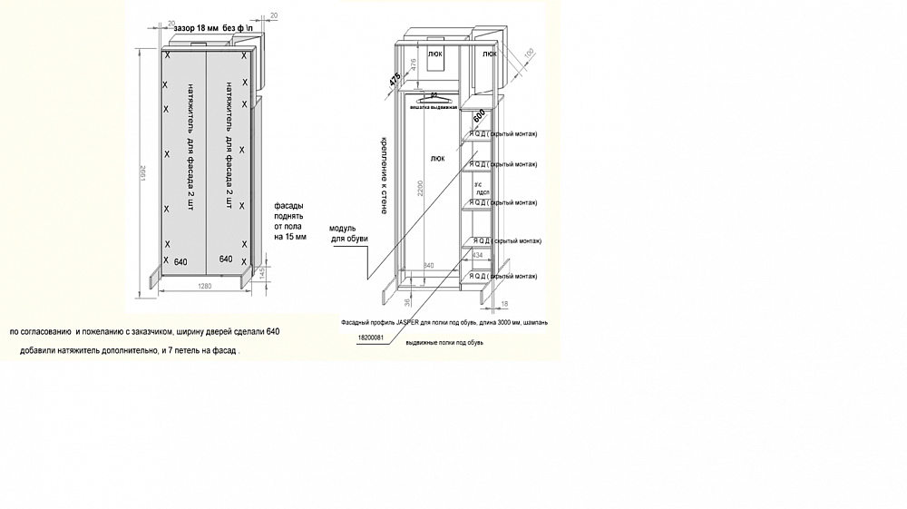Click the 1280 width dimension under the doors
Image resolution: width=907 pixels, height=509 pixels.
coord(205,288)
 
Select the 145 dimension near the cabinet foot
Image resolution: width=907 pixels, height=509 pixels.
coord(261,273)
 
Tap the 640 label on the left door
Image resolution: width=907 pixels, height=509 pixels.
coord(180,260)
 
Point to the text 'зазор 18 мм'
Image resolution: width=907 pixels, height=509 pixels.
coord(194,29)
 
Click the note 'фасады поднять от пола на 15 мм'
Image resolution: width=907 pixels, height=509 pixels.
coord(290,221)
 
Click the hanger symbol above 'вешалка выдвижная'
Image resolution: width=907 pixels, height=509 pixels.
coord(434,95)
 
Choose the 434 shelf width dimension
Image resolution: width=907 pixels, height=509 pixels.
coord(478,255)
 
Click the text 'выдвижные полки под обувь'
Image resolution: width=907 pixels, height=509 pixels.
coord(450,343)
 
